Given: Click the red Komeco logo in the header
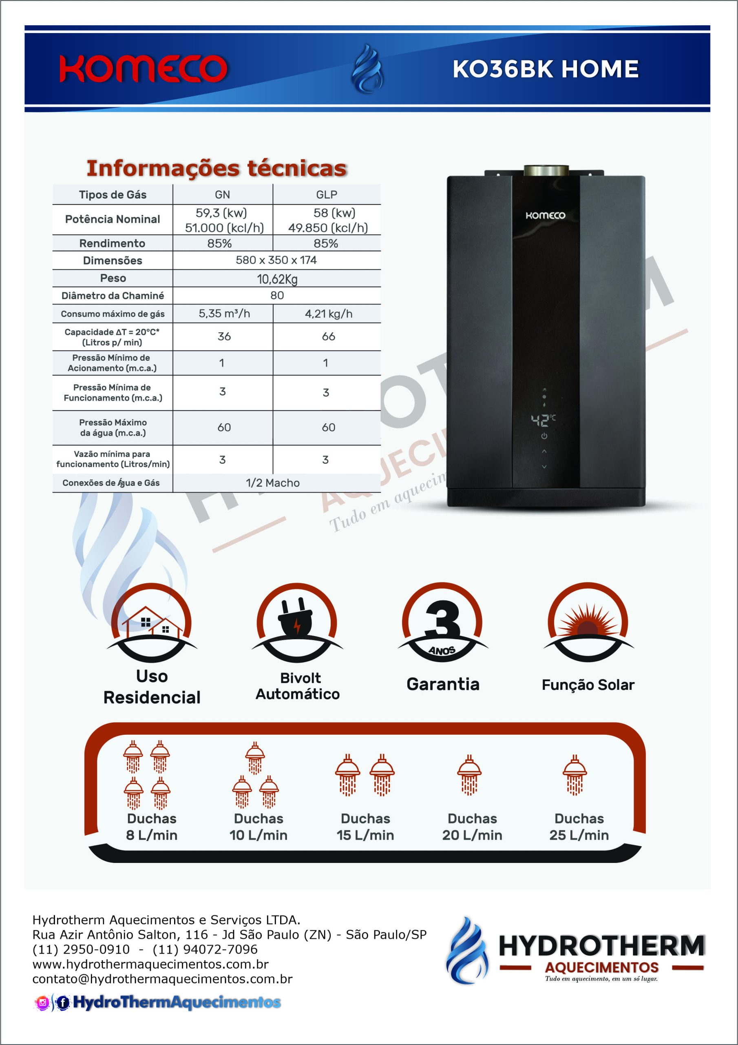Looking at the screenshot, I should tap(143, 69).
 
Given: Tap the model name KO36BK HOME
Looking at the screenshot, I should tap(545, 69).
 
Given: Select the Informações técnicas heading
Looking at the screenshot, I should tap(217, 168).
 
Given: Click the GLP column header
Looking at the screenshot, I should tap(327, 195).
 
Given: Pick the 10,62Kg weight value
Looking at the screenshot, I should tap(277, 278).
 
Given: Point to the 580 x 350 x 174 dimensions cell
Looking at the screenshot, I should tap(276, 260).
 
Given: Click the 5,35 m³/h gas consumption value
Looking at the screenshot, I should tap(224, 313).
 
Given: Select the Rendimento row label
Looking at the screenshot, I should tap(112, 243).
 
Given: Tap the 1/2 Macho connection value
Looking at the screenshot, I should tap(273, 483).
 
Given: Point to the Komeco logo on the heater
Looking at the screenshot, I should tap(545, 215).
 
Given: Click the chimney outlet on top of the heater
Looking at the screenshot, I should tap(546, 171).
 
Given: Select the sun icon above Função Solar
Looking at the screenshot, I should tap(588, 621).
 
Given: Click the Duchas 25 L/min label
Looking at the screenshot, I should tap(579, 827).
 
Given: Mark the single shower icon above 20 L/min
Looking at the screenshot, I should tap(469, 776).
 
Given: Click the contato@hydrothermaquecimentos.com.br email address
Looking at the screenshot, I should tap(162, 979).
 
